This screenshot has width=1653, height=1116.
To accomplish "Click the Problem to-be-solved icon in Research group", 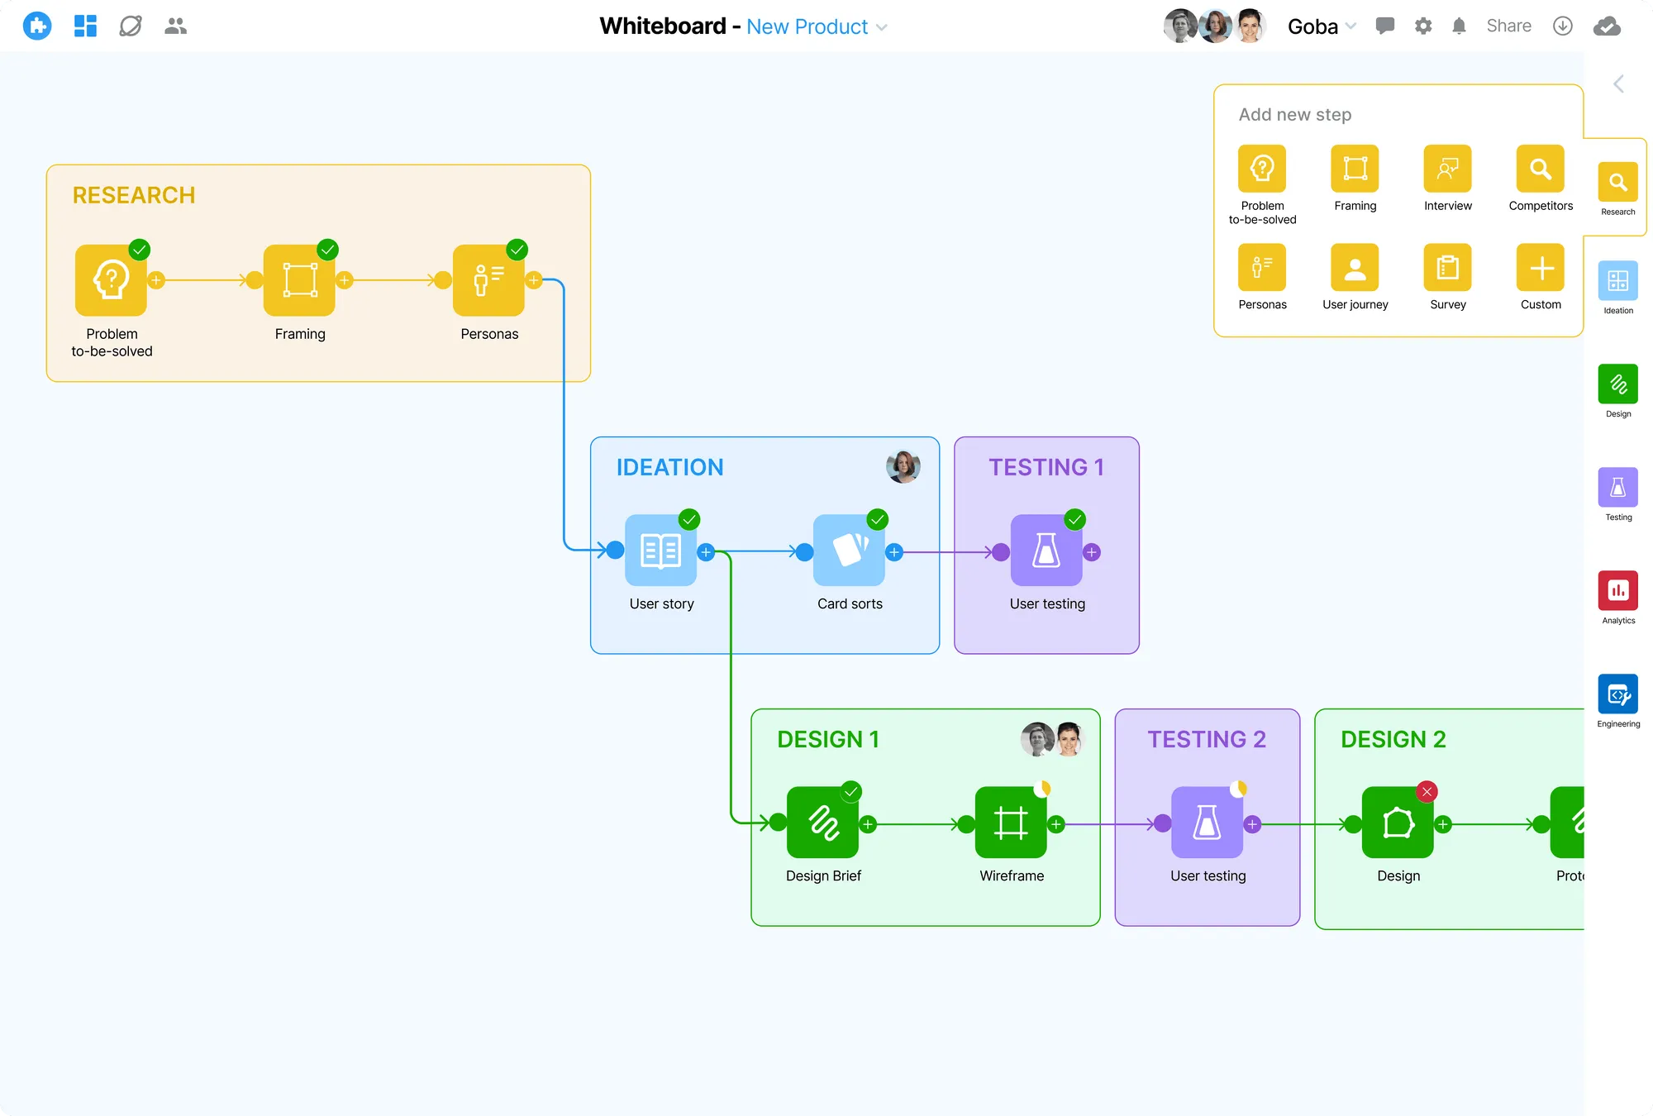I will click(x=111, y=280).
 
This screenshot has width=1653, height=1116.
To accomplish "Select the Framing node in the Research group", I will click(x=299, y=280).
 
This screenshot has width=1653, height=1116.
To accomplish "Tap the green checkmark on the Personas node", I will click(x=517, y=250).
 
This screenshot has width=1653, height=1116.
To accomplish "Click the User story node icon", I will click(x=661, y=551).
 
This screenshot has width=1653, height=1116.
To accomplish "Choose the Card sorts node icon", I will click(x=849, y=551).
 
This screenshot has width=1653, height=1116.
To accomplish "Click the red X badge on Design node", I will click(x=1427, y=792).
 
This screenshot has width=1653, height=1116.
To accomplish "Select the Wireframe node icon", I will click(x=1011, y=823).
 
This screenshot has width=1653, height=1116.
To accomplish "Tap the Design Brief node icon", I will click(x=822, y=823).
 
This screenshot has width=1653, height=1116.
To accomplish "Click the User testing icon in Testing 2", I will click(x=1207, y=823).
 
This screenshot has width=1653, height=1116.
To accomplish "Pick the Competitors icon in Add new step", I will click(x=1540, y=169).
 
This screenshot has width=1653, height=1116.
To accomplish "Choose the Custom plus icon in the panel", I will click(x=1540, y=268).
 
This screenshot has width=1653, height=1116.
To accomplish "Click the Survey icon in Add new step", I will click(x=1447, y=268).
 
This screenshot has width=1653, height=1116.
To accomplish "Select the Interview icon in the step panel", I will click(x=1447, y=169).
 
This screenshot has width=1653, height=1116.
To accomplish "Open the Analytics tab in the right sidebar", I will click(x=1617, y=591).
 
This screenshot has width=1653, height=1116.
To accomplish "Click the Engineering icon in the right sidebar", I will click(x=1617, y=694).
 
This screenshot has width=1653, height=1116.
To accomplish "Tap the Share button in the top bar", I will click(x=1508, y=26).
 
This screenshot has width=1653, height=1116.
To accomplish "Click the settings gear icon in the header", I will click(x=1423, y=26).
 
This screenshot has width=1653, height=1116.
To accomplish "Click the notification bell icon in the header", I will click(x=1459, y=26).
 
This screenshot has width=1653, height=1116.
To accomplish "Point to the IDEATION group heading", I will click(x=669, y=468).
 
